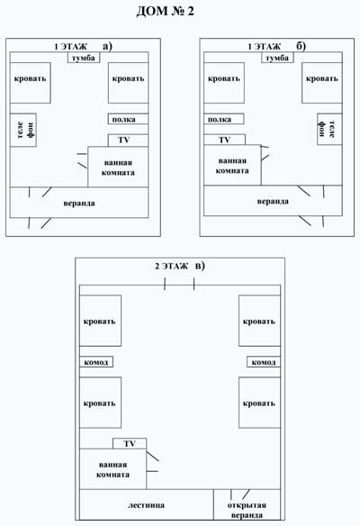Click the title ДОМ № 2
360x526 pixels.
166,11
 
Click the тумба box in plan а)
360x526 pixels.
84,58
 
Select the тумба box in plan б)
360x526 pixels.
277,58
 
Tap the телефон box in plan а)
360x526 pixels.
23,131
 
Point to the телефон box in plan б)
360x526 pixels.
329,129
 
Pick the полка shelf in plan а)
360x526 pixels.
128,119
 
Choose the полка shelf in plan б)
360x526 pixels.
224,119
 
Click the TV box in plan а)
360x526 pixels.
128,141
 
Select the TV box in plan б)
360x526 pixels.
225,140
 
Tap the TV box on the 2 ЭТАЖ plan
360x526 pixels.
130,443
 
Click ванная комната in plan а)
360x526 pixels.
118,167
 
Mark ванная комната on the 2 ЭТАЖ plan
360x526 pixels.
113,469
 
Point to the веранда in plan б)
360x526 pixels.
273,201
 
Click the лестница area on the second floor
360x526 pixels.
147,504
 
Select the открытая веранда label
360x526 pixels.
247,510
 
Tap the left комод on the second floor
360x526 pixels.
96,362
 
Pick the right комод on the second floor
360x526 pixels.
264,362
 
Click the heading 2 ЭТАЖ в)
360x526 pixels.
180,266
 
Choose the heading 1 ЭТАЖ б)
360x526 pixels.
276,46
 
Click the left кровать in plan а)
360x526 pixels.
31,83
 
